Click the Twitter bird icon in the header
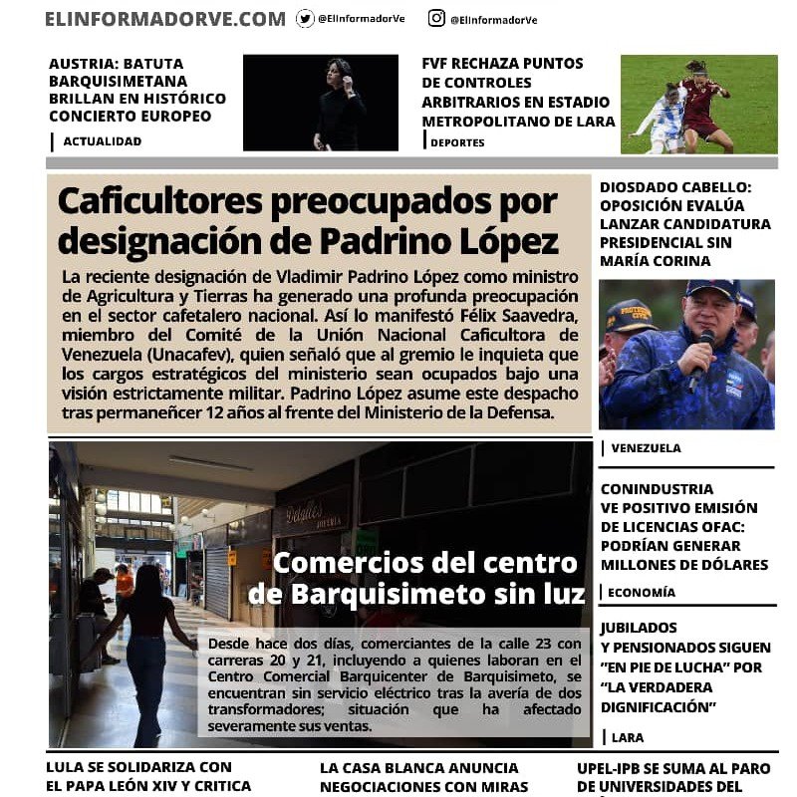tap(305, 18)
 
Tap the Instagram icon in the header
tap(436, 18)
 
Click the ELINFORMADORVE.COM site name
tap(164, 18)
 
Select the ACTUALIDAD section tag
tap(102, 141)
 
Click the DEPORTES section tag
tap(457, 142)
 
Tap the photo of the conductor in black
tap(320, 102)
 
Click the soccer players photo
tap(698, 104)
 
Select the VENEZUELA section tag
tap(646, 448)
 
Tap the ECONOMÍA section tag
tap(641, 592)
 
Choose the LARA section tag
tap(628, 737)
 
